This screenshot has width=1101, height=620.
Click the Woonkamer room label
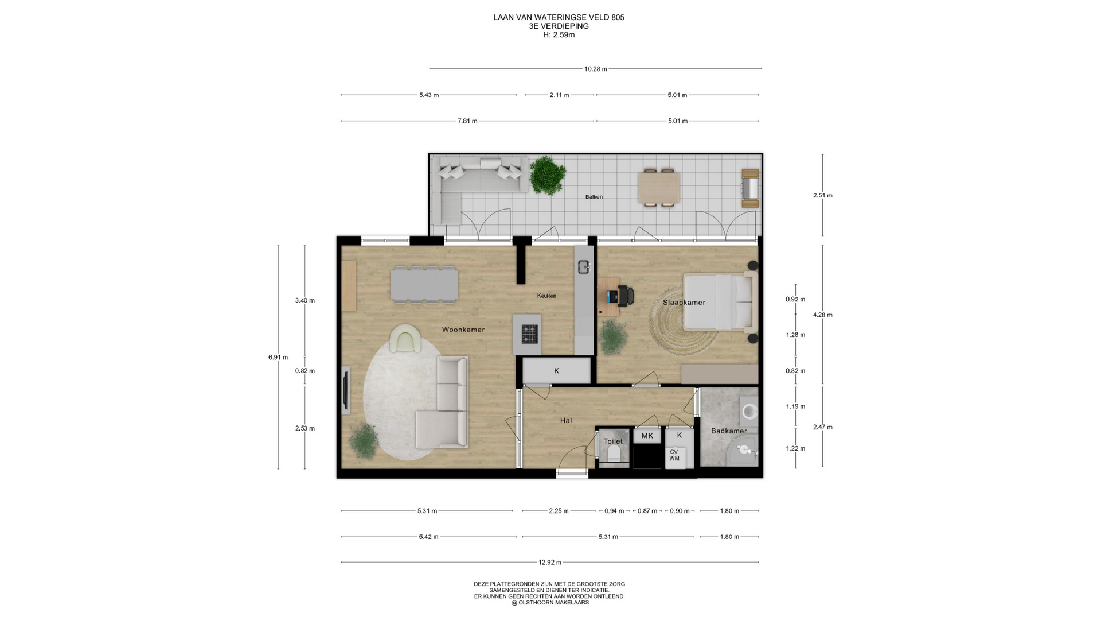pos(463,330)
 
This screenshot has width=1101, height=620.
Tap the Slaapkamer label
pos(684,303)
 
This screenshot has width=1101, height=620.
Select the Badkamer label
pos(729,431)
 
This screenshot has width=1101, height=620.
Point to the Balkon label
pos(594,197)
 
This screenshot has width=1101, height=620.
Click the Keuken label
pos(546,296)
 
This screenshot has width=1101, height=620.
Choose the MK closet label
pos(647,436)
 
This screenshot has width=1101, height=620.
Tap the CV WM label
pos(674,455)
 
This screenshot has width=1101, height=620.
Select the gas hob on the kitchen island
pos(529,334)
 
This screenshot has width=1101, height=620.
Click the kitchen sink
pos(584,266)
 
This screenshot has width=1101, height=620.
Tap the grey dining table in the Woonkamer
pos(424,284)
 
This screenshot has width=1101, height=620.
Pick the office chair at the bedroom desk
pos(626,296)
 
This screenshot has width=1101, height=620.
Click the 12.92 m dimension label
pos(550,563)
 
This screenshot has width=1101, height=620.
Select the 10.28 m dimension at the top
pos(596,69)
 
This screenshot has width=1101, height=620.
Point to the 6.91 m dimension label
pos(278,357)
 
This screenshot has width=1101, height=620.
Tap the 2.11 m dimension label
pos(559,95)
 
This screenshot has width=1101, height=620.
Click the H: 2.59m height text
pos(559,34)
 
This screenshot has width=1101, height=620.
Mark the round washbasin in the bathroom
pos(749,412)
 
